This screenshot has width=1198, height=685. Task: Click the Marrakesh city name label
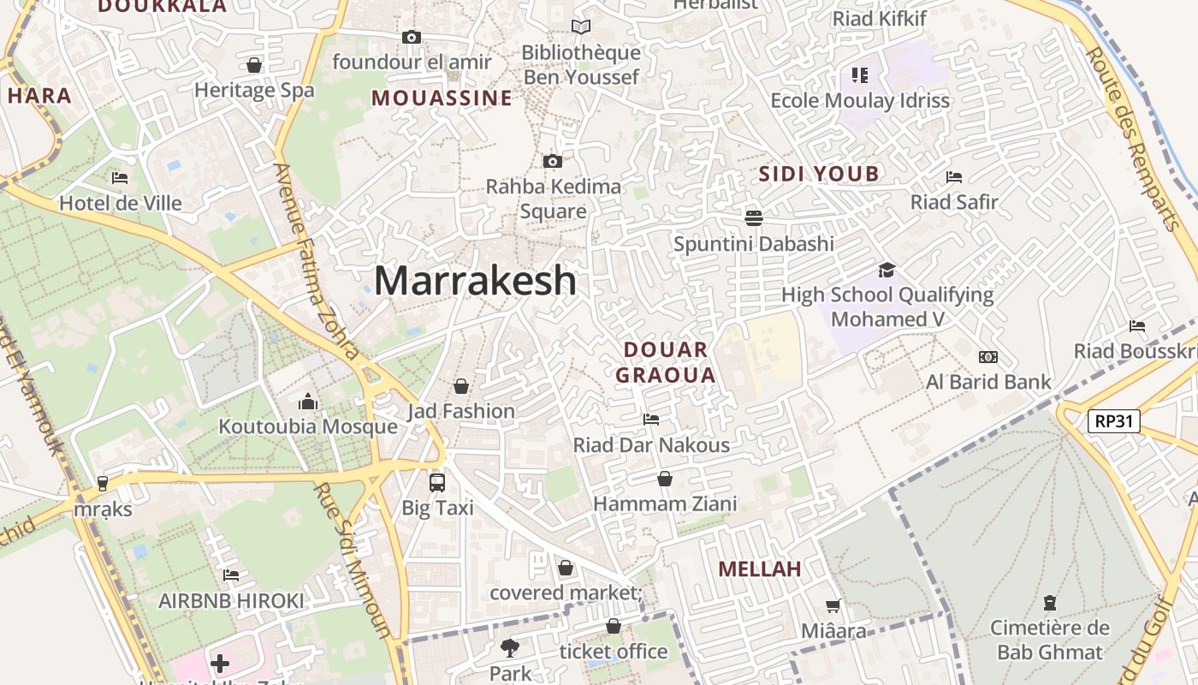point(475,281)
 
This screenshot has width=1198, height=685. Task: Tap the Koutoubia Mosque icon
point(308,402)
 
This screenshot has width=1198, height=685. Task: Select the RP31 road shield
point(1114,420)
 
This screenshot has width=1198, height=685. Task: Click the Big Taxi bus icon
point(437,482)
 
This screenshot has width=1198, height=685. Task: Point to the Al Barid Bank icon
point(988,357)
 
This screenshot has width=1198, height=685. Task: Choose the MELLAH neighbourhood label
point(760,569)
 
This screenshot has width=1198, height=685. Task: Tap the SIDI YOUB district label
point(819,175)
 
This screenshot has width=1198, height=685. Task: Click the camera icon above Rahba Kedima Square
point(553,161)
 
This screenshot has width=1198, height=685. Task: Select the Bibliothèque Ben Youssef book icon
point(581,27)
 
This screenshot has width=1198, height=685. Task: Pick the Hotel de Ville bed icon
point(120,178)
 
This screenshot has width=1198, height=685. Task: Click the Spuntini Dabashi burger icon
point(753,217)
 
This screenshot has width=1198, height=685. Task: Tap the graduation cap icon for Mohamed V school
point(887,270)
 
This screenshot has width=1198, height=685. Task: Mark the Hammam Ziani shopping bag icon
point(665,479)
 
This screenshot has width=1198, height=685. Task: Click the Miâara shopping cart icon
point(833,606)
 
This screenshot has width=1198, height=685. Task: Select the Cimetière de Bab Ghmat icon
point(1049,603)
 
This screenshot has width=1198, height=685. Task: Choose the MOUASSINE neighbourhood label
point(442,98)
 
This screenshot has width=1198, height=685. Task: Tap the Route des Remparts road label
point(1132,137)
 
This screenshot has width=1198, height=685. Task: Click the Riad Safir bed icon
point(954,177)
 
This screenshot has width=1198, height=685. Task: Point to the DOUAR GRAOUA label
point(666,362)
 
